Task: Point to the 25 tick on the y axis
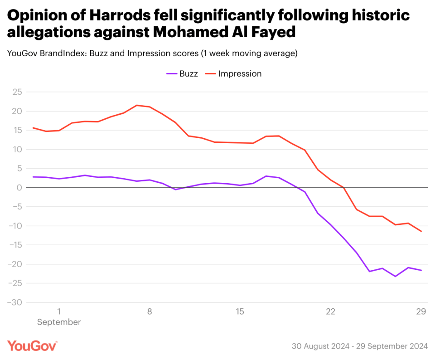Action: tap(17, 92)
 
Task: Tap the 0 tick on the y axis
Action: tap(19, 188)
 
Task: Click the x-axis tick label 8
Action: tap(150, 311)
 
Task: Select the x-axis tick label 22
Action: tap(330, 311)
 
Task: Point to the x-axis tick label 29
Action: tap(421, 311)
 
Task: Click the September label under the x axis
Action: tap(59, 322)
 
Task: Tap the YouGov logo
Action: tap(32, 345)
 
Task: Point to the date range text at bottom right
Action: tap(359, 346)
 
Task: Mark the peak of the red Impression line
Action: tap(137, 105)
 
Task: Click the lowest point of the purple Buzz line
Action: tap(395, 276)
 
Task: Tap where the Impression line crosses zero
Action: tap(343, 188)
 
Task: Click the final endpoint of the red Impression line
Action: tap(421, 231)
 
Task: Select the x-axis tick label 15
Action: tap(240, 311)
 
